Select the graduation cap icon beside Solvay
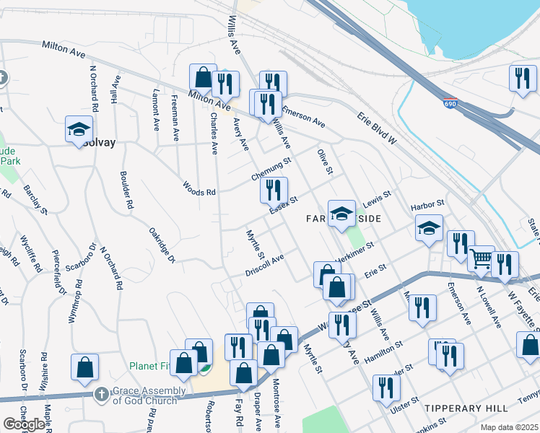(x=78, y=130)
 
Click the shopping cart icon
(x=480, y=260)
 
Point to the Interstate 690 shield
(x=450, y=105)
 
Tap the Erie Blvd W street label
(x=377, y=128)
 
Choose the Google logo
(x=24, y=424)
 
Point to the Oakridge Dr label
(x=162, y=245)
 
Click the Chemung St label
(x=271, y=170)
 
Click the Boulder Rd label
(x=127, y=191)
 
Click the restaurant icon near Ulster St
(x=386, y=388)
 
